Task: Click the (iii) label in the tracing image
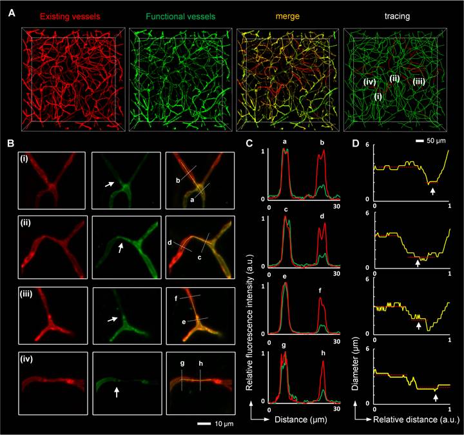tap(418, 81)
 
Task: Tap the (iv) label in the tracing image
tap(369, 82)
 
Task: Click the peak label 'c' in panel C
tap(285, 210)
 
